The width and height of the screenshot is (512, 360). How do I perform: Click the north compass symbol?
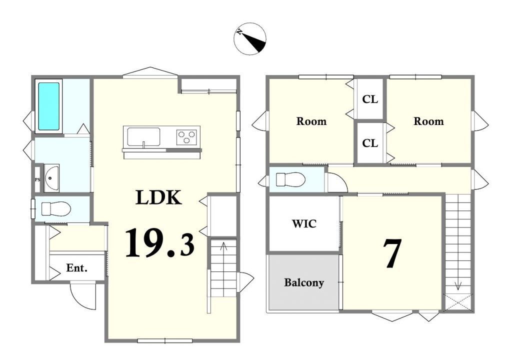(250, 38)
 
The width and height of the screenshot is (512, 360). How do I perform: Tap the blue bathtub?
(49, 106)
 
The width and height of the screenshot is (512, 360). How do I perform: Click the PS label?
(37, 179)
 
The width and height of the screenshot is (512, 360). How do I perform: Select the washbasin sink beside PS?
(51, 178)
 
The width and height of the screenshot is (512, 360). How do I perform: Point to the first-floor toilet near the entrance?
(56, 209)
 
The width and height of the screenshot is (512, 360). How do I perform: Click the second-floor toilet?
(290, 179)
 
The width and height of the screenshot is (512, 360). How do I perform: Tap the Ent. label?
(76, 268)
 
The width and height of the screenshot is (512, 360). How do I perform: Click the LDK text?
(158, 197)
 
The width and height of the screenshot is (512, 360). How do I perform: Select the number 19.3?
(159, 242)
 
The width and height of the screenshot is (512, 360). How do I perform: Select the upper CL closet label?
(370, 99)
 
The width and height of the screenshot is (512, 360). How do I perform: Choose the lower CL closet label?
(370, 143)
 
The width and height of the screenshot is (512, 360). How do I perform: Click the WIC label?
(304, 224)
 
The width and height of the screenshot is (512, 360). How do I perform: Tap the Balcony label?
(304, 282)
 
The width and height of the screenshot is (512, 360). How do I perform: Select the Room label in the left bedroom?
(311, 121)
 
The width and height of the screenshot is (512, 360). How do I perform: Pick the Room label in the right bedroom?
(428, 121)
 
